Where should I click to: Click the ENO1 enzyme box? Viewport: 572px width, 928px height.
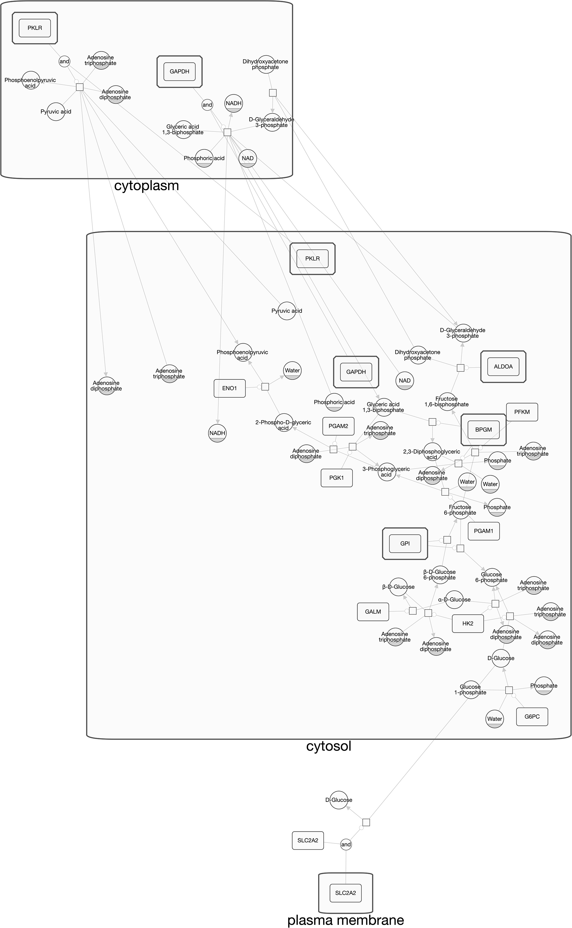point(229,388)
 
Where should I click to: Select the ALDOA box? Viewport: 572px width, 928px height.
point(503,367)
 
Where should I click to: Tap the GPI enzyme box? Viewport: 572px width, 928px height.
point(405,544)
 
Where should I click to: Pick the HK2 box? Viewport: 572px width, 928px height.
point(468,623)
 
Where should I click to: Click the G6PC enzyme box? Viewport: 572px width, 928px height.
point(532,716)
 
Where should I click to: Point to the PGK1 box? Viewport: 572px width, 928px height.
point(336,478)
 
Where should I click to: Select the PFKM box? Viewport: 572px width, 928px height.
point(522,412)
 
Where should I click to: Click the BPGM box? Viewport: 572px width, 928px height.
point(483,430)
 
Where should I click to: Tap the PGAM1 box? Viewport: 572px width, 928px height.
point(483,531)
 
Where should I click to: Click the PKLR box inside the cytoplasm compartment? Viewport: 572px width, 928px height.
point(35,28)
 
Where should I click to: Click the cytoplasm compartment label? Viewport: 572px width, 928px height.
point(146,186)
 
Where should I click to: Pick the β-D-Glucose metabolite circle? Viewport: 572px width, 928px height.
point(398,587)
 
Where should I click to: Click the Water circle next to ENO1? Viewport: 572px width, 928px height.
point(292,371)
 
